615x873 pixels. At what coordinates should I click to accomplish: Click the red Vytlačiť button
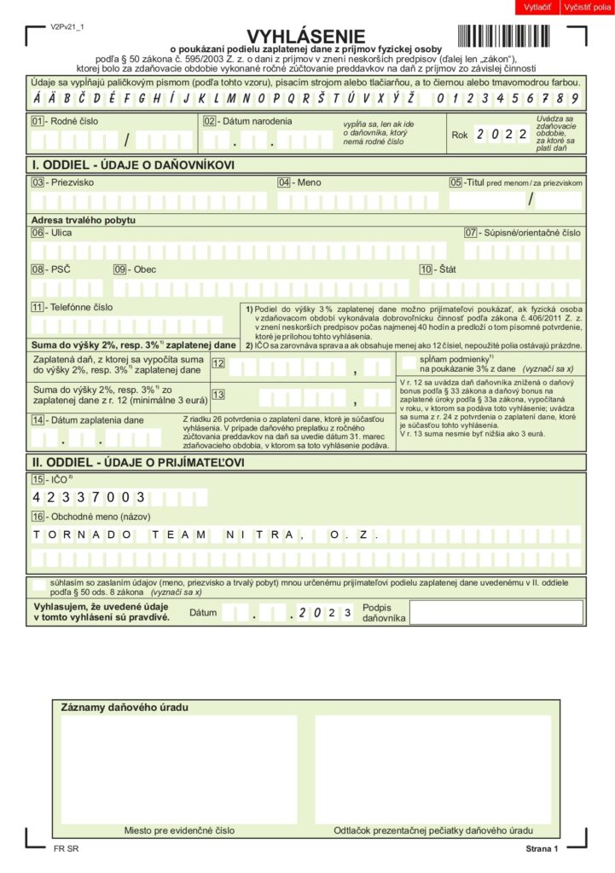coord(537,8)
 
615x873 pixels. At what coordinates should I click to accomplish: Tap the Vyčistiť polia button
coord(588,8)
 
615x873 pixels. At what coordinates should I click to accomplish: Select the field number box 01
coord(38,121)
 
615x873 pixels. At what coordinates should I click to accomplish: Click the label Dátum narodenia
coord(257,121)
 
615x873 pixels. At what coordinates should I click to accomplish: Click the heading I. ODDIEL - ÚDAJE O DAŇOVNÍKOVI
coord(133,165)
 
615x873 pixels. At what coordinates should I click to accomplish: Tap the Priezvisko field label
coord(73,182)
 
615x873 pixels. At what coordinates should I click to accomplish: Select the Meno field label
coord(309,182)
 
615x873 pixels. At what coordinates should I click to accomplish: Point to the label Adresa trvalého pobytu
coord(84,220)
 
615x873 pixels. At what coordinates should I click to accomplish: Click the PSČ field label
coord(61,269)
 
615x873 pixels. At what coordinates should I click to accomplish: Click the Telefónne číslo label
coord(82,307)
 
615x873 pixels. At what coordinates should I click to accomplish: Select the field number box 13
coord(218,394)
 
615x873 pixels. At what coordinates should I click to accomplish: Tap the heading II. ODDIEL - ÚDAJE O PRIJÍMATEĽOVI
coord(138,462)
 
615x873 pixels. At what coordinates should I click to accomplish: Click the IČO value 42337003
coord(89,497)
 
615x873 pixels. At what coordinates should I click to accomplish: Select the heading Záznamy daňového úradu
coord(125,708)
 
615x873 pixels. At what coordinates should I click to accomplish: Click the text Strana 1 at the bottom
coord(541,849)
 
